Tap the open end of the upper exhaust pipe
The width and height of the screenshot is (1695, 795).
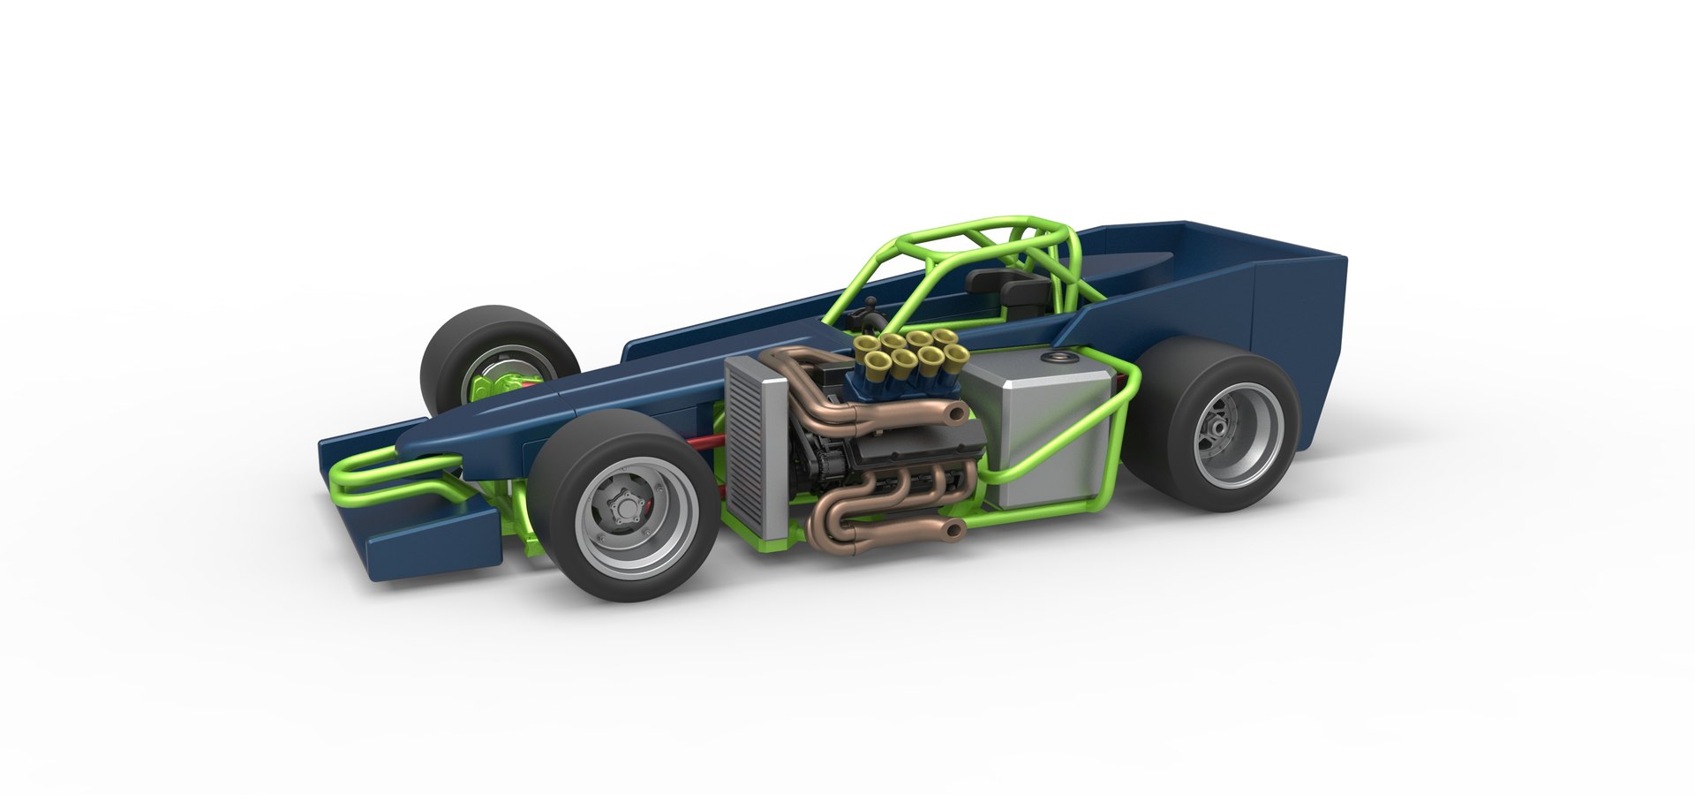click(953, 412)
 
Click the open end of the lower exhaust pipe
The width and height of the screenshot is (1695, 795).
click(953, 530)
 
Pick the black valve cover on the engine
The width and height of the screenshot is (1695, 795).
click(892, 458)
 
